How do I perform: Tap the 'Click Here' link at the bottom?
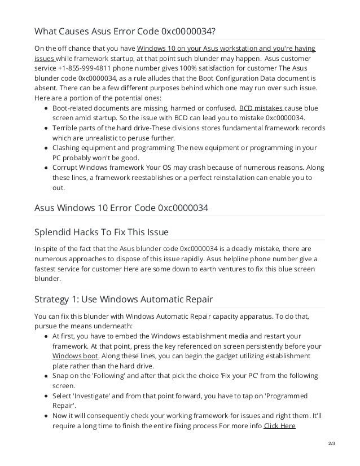pyautogui.click(x=279, y=425)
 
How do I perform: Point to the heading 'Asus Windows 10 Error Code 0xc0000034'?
pyautogui.click(x=121, y=208)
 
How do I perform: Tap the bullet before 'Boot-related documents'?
pyautogui.click(x=46, y=108)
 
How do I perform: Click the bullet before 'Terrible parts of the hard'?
pyautogui.click(x=46, y=128)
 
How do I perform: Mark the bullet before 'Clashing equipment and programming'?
pyautogui.click(x=46, y=148)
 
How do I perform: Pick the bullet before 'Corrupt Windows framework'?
pyautogui.click(x=46, y=168)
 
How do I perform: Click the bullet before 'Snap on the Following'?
pyautogui.click(x=46, y=376)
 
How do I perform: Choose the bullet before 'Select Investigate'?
pyautogui.click(x=46, y=396)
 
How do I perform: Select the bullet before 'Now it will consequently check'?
pyautogui.click(x=46, y=416)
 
